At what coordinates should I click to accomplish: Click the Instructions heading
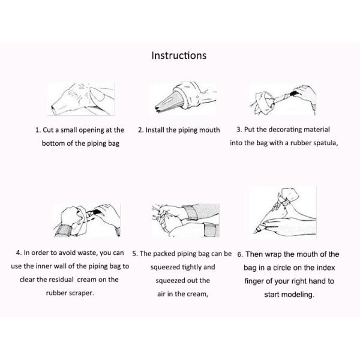[179, 56]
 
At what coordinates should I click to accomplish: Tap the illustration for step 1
[81, 99]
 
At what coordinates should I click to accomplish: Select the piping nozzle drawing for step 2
[183, 99]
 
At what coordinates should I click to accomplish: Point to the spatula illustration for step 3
[283, 100]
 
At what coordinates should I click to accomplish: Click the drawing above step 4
[87, 220]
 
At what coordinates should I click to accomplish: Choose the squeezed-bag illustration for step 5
[185, 220]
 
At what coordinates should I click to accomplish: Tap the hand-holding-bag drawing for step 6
[283, 212]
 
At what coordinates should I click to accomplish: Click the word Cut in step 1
[48, 130]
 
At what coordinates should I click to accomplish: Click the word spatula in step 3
[326, 143]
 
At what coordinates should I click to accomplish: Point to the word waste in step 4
[88, 253]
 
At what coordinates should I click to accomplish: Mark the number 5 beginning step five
[135, 254]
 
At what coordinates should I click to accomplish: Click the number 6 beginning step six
[240, 254]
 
